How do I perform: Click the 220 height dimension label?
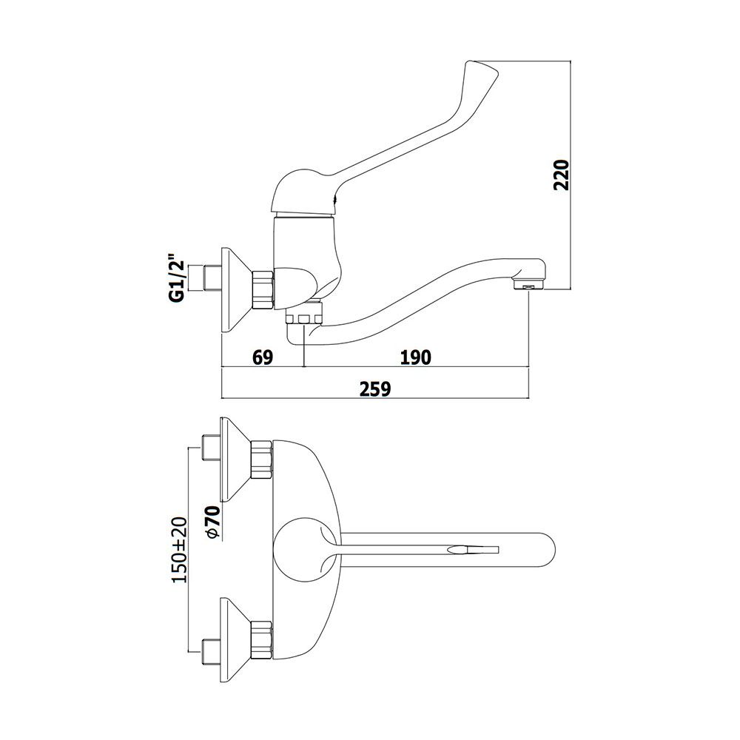562,175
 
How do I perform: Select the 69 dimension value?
263,357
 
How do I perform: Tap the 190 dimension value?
416,357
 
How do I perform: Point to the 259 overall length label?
375,389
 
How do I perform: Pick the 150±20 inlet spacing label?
180,549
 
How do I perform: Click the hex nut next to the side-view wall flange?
263,289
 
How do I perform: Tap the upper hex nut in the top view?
262,460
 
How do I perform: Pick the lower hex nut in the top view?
262,640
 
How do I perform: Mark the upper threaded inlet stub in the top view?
210,448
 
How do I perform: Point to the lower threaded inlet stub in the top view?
210,653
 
